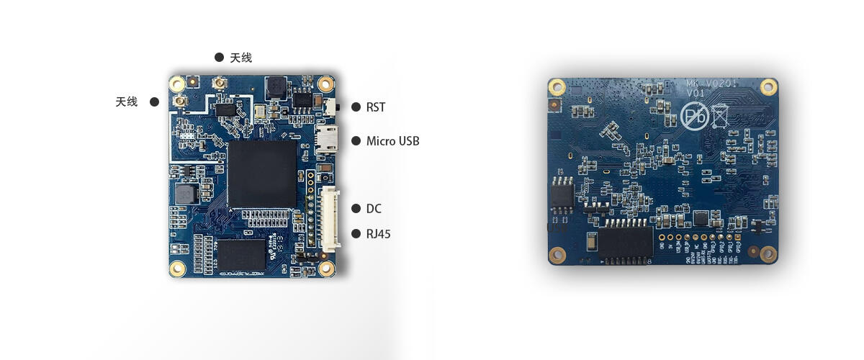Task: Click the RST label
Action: (375, 107)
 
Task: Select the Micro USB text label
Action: (392, 141)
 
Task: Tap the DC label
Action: (374, 209)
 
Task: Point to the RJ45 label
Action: (378, 234)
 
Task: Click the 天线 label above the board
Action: (240, 58)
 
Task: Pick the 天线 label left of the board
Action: (126, 102)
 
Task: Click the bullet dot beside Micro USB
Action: (356, 141)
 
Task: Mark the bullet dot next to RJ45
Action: (356, 234)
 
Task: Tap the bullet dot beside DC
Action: (356, 209)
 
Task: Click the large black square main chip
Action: (262, 174)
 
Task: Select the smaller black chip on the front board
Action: (242, 256)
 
